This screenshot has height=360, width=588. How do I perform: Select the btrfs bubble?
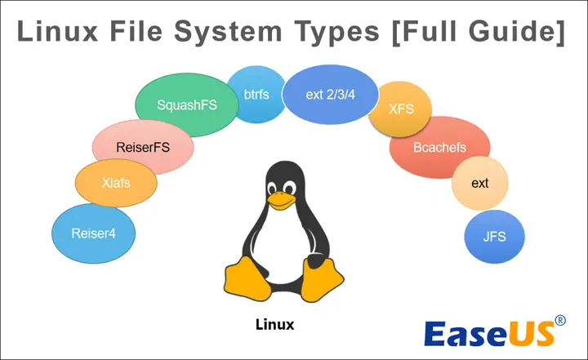255,94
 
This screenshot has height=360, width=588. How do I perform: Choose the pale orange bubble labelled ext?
479,184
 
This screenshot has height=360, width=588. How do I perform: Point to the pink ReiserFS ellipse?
142,148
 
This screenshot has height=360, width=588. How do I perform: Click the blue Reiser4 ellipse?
93,233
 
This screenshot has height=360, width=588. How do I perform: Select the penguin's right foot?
323,278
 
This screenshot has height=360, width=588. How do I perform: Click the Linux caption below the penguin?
274,324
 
